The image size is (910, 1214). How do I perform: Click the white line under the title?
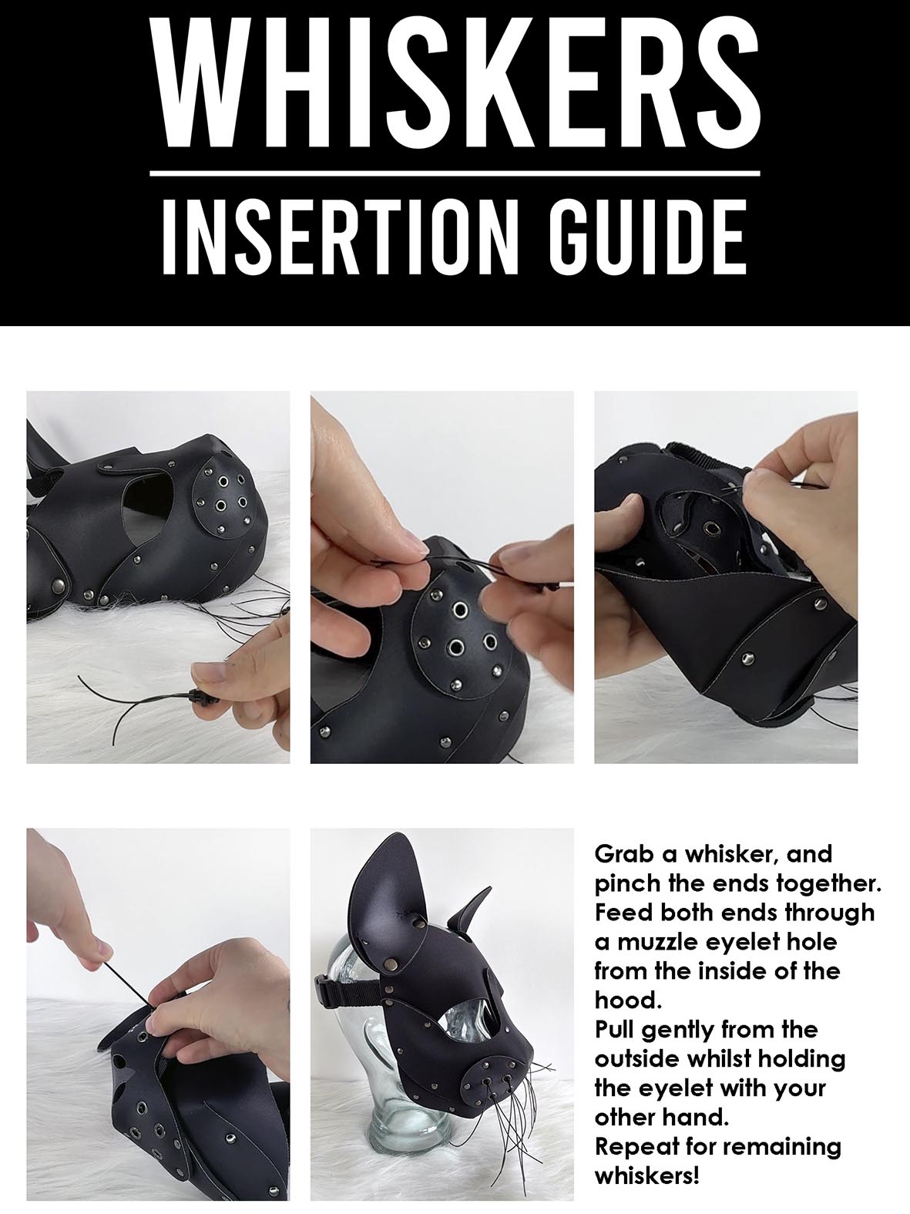point(455,173)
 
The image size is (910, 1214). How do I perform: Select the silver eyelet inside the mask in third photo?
point(710,529)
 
